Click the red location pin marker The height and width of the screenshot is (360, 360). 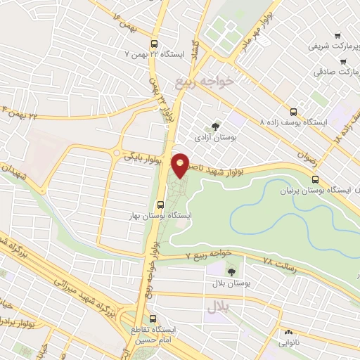pyautogui.click(x=181, y=165)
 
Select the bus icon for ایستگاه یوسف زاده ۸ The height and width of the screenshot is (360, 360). pyautogui.click(x=293, y=111)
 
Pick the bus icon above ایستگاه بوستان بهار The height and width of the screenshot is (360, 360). pyautogui.click(x=161, y=205)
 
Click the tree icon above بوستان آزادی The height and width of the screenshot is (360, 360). pyautogui.click(x=215, y=127)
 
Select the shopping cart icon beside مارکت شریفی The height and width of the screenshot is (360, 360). pyautogui.click(x=337, y=36)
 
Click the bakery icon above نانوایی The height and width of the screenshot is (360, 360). pyautogui.click(x=288, y=333)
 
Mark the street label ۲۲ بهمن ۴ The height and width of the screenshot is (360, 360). pyautogui.click(x=21, y=111)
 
